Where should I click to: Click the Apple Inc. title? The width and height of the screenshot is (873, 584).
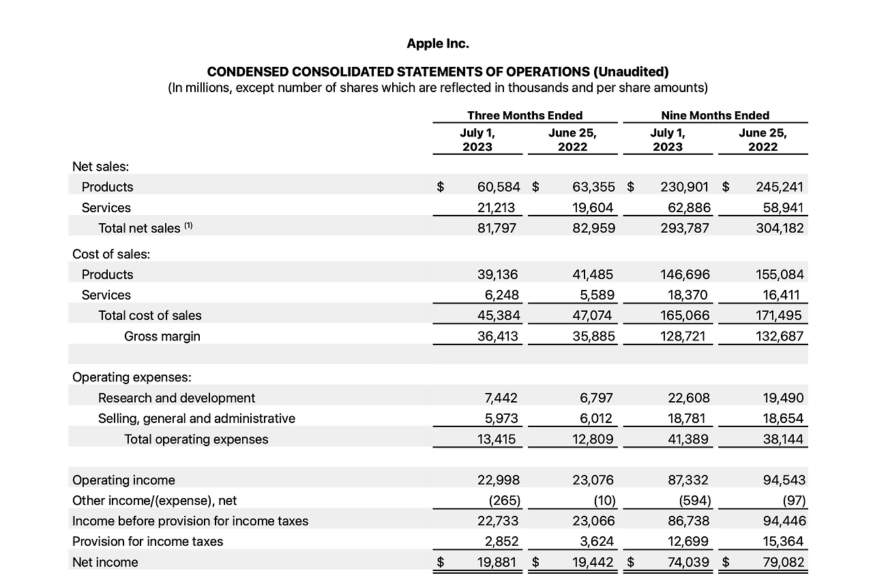(438, 44)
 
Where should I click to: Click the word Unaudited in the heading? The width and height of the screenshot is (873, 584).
(630, 72)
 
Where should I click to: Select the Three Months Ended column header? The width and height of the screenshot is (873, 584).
(524, 115)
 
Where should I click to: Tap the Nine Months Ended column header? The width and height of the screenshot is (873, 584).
(715, 115)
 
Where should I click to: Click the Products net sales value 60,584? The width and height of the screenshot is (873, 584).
(499, 187)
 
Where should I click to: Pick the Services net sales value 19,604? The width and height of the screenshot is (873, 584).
(593, 207)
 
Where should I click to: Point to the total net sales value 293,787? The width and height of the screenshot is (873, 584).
(685, 228)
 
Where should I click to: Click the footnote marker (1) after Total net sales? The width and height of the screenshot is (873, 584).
(189, 226)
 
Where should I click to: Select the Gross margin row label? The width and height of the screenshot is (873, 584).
(162, 336)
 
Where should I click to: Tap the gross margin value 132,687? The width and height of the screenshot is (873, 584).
(780, 336)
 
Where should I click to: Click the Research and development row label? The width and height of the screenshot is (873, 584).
(177, 398)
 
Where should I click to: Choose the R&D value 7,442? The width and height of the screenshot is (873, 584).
(499, 398)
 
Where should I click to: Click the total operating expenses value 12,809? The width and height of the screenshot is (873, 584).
(593, 439)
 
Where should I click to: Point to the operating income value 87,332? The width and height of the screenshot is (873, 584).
(688, 480)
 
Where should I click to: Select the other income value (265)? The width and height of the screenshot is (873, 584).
(505, 501)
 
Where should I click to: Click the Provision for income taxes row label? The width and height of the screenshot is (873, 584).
(148, 542)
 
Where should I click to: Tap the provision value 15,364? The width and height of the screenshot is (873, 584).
(782, 542)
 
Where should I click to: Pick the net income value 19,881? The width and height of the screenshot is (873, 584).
(498, 562)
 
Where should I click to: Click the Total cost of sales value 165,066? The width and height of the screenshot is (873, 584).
(685, 316)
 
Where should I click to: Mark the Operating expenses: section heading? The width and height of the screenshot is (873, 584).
(132, 377)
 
